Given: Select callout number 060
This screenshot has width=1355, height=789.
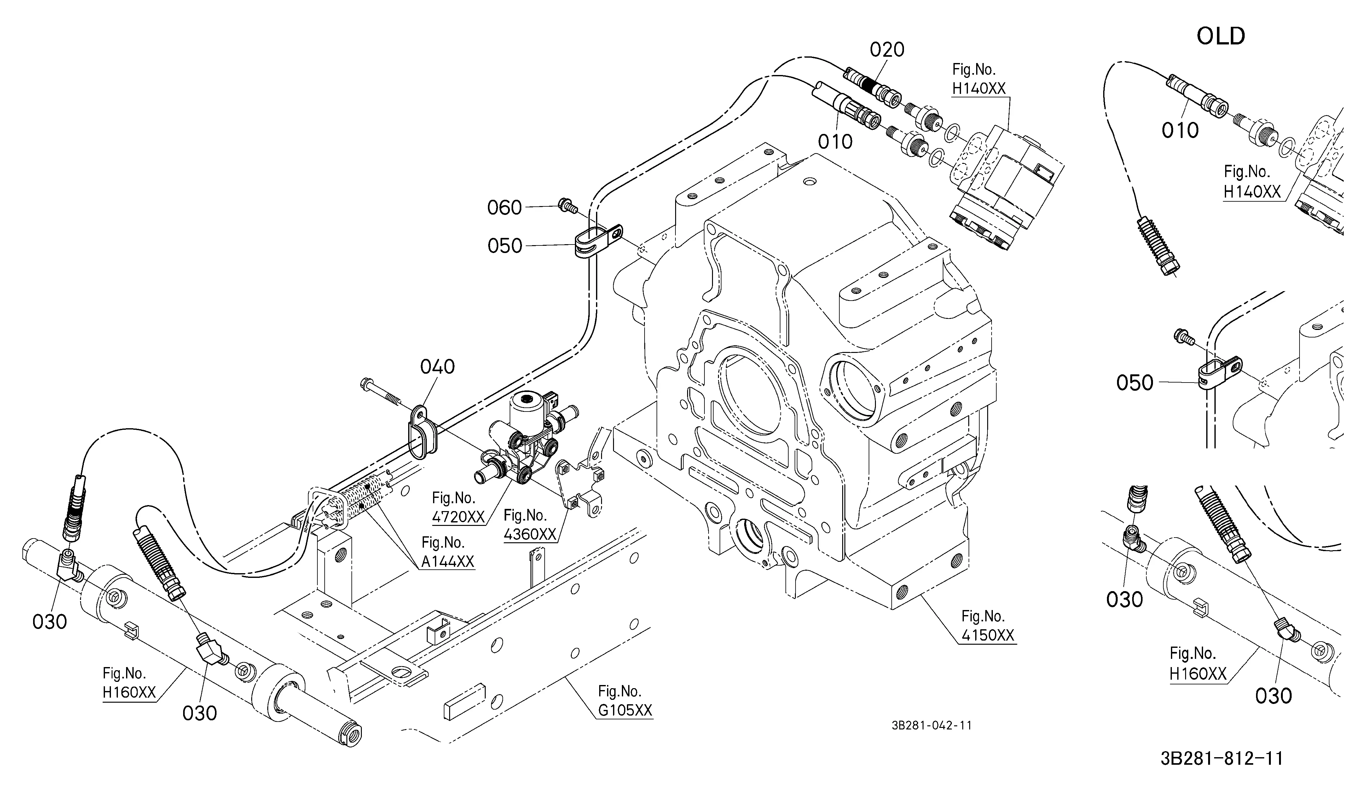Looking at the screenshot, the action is (x=504, y=207).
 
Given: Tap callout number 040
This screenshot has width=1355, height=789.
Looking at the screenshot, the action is (x=437, y=367).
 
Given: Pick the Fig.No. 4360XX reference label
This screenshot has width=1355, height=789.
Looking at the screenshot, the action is (x=530, y=525).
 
